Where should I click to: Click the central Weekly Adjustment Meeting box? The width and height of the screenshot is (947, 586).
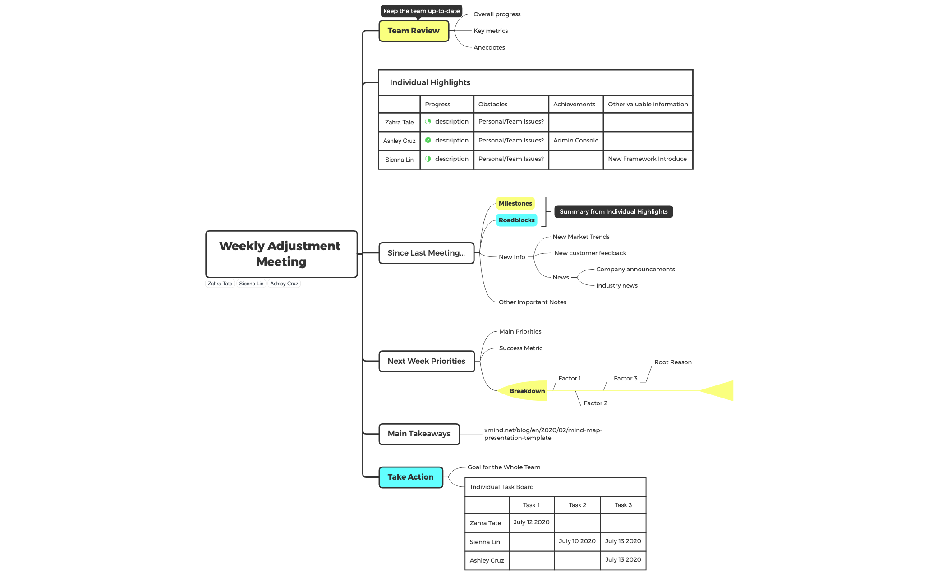coord(281,254)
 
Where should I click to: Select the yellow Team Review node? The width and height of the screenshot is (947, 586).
coord(414,31)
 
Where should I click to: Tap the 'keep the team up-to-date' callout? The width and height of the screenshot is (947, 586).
coord(421,11)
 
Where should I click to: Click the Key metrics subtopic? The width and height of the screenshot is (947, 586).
coord(491,31)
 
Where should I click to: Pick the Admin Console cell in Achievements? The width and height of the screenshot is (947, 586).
coord(576,141)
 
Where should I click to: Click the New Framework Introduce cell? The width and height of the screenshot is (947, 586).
coord(648,159)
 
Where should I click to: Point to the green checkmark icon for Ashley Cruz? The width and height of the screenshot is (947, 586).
coord(428,140)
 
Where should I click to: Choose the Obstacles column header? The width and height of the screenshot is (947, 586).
coord(493,104)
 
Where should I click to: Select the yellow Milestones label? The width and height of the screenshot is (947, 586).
coord(515,204)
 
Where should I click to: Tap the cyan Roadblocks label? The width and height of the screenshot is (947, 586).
coord(517,220)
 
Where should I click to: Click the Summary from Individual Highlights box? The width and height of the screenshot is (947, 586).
coord(613,212)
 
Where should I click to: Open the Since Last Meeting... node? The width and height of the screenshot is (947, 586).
coord(426,253)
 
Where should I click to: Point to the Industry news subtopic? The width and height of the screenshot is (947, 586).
coord(617,286)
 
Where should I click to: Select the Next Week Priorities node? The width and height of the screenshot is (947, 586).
coord(427,362)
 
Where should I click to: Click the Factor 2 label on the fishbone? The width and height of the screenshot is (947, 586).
coord(596,403)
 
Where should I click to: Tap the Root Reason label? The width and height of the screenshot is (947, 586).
coord(673,362)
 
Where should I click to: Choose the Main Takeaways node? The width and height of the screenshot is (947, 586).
coord(419,434)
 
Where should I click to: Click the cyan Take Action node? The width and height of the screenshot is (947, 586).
coord(411,477)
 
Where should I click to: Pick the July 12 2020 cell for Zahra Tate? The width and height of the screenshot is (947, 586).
coord(532,522)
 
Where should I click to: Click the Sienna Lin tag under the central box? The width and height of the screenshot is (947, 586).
coord(251,284)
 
